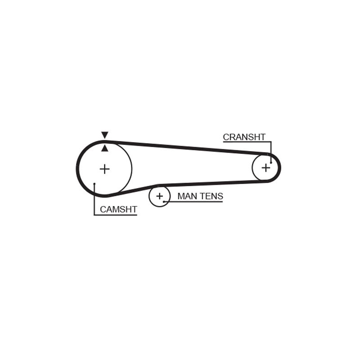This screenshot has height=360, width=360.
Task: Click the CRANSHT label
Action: [244, 137]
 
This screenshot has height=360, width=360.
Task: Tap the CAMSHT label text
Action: [118, 209]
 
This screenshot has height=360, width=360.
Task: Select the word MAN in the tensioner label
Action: [187, 196]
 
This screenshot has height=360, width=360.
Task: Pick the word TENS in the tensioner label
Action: [211, 196]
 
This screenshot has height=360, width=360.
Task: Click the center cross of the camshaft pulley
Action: [105, 169]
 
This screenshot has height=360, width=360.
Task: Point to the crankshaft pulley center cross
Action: [266, 168]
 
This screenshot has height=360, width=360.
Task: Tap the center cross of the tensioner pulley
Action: [159, 196]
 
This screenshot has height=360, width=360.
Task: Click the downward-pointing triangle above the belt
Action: [105, 135]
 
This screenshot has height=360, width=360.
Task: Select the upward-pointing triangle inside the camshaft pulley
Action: [105, 148]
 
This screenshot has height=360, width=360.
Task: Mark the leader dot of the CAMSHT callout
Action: [94, 184]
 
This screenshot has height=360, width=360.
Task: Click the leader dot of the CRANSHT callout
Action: [271, 162]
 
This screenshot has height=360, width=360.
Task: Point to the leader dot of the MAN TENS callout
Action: [164, 202]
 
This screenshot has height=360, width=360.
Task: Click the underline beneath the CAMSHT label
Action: [116, 215]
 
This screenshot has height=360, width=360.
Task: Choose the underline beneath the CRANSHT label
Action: [247, 142]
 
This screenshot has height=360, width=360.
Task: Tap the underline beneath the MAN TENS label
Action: [193, 202]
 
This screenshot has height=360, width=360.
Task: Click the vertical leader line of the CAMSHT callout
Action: [94, 199]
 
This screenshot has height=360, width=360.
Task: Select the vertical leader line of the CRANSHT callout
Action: [271, 152]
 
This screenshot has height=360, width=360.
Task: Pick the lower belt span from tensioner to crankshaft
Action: [212, 183]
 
